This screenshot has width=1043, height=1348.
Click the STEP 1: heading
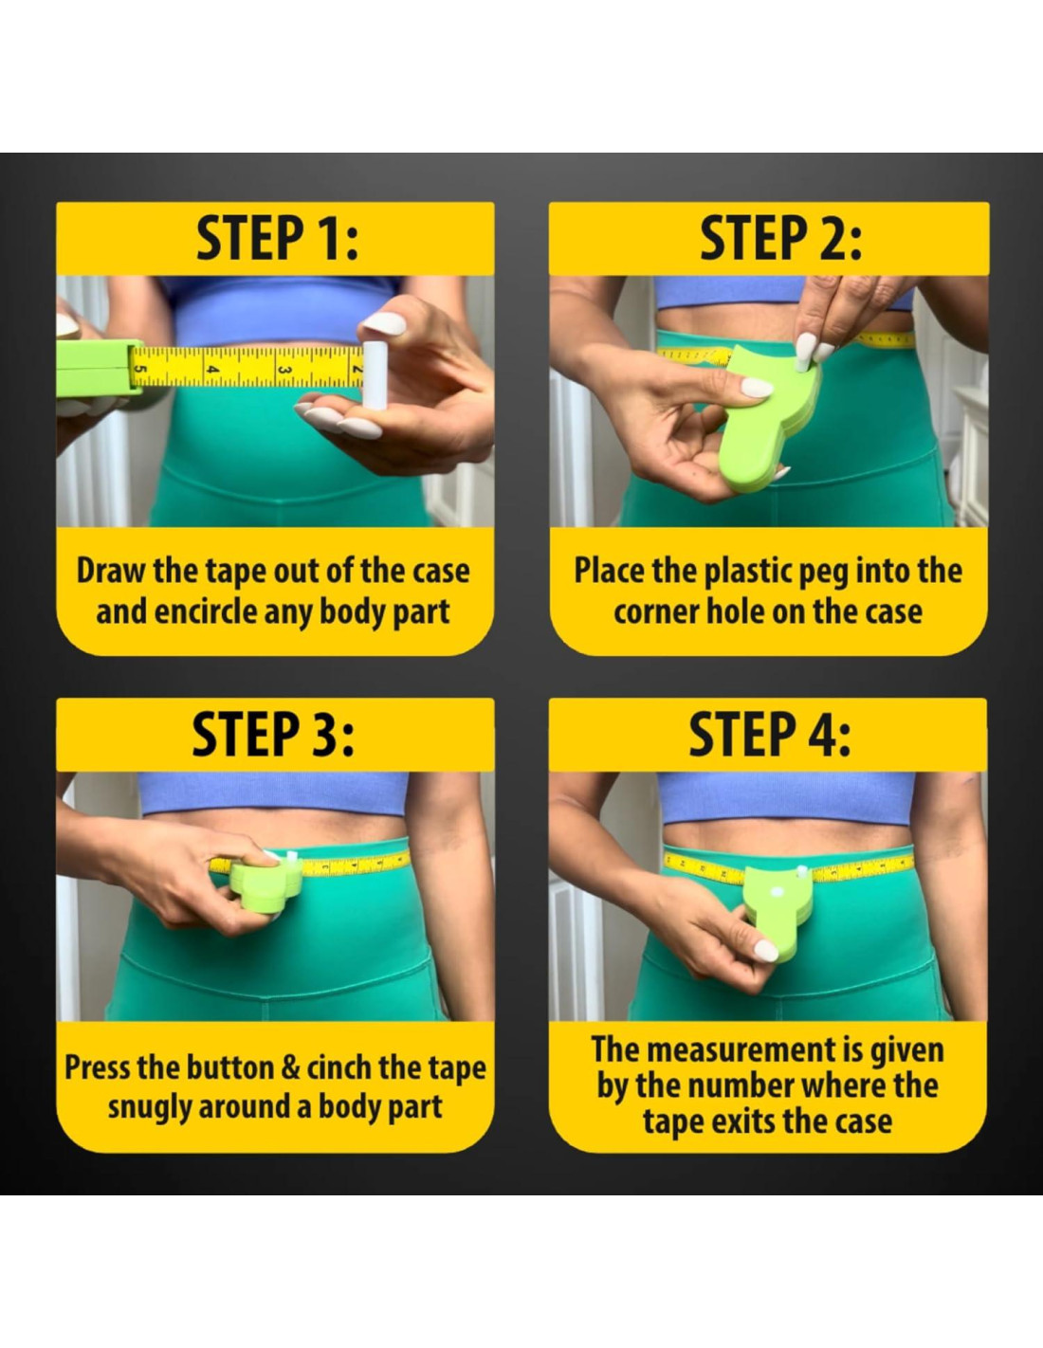pyautogui.click(x=278, y=239)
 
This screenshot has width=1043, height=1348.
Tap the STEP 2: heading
pyautogui.click(x=781, y=239)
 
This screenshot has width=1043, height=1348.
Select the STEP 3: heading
pyautogui.click(x=273, y=735)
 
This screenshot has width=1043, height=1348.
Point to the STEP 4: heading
pyautogui.click(x=769, y=735)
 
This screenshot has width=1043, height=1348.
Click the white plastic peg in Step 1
pyautogui.click(x=375, y=373)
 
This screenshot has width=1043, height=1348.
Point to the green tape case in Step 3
pyautogui.click(x=265, y=885)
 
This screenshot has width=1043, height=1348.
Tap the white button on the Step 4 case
pyautogui.click(x=775, y=893)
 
